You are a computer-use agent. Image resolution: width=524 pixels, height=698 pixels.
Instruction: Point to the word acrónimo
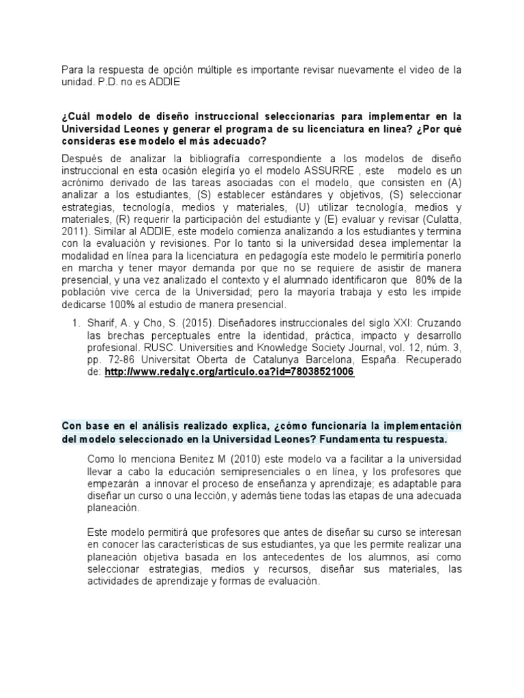point(86,182)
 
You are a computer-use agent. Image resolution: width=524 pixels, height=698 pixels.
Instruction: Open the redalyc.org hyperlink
point(230,374)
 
